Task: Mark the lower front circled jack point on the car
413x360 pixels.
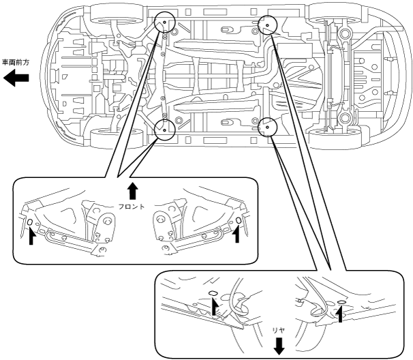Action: coord(165,127)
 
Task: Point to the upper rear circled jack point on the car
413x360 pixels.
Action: coord(266,26)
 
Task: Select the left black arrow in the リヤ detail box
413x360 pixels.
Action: coord(215,306)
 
